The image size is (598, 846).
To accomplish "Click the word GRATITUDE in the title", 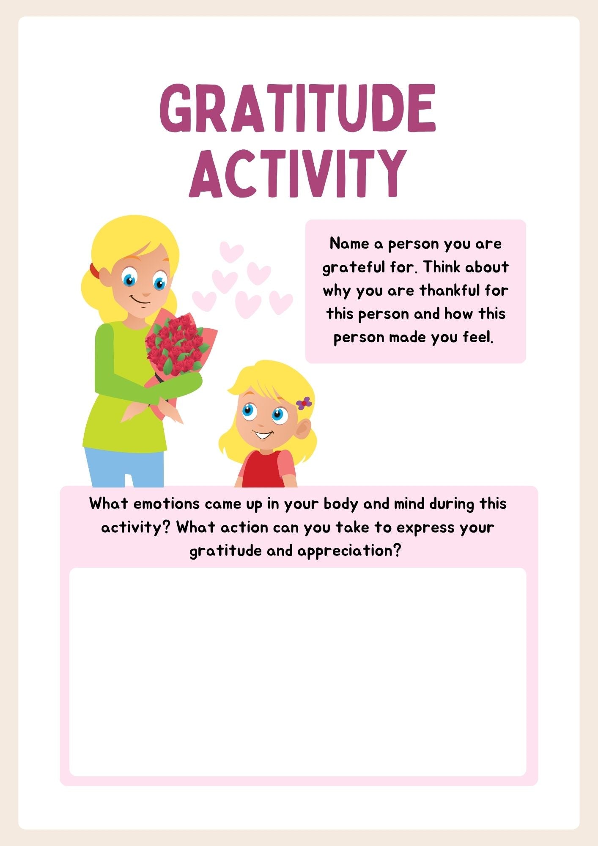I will pyautogui.click(x=298, y=108).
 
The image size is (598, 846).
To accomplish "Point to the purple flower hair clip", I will pyautogui.click(x=304, y=403).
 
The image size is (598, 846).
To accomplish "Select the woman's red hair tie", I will pyautogui.click(x=94, y=271).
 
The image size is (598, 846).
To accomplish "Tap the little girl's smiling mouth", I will pyautogui.click(x=263, y=434).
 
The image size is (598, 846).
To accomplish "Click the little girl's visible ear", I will pyautogui.click(x=302, y=428).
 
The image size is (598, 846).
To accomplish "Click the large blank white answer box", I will pyautogui.click(x=298, y=673).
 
